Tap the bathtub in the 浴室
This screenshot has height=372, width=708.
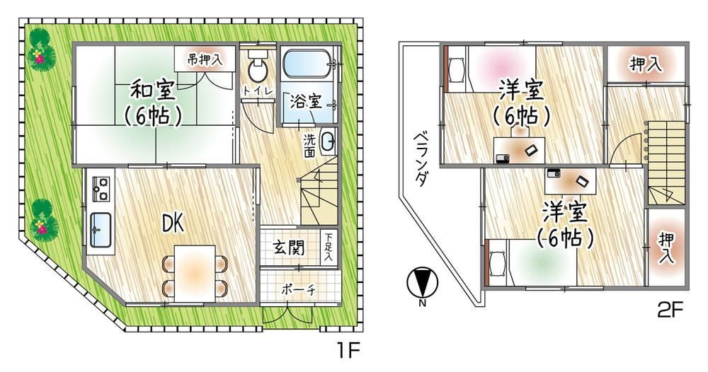tap(306, 64)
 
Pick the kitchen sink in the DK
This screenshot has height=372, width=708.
tap(101, 230)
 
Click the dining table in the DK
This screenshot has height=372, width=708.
tap(195, 273)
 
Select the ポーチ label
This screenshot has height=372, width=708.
tap(299, 289)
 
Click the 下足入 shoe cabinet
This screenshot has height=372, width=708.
tap(329, 247)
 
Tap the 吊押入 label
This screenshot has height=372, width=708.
tap(205, 58)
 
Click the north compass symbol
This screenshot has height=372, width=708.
tap(422, 283)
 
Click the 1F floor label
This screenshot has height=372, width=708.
tap(347, 350)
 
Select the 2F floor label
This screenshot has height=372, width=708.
tap(670, 309)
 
